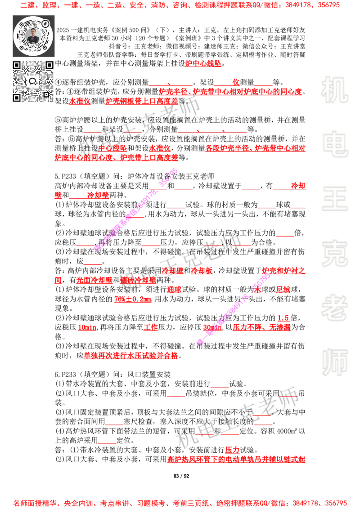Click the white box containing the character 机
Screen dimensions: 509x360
[x=334, y=90]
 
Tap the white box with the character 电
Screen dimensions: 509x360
[x=336, y=144]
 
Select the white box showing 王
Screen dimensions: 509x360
[x=334, y=200]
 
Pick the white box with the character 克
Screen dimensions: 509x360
[x=334, y=254]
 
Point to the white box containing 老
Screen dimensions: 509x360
[x=334, y=308]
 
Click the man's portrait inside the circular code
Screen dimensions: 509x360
[x=33, y=36]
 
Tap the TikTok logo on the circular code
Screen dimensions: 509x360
[x=45, y=23]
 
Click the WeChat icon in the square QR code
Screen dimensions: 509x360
[x=33, y=81]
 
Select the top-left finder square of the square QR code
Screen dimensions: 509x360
[x=17, y=66]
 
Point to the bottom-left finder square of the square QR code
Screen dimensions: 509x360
[x=17, y=98]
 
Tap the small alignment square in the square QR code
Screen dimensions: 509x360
[x=46, y=94]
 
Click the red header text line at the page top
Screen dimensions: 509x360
[x=180, y=6]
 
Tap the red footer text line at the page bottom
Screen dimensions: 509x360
[x=180, y=503]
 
